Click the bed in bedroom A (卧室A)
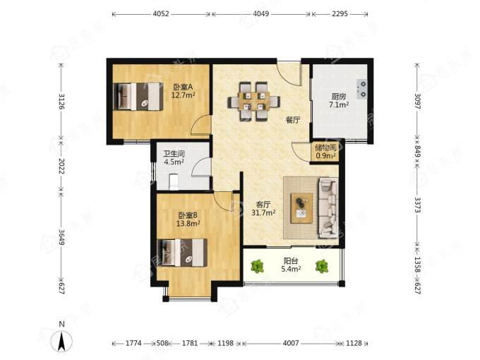coord(138,96)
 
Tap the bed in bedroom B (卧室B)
coord(182,253)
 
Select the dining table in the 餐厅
coord(254,102)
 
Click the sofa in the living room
coord(328,208)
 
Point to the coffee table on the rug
coord(302,208)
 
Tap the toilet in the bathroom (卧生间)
coord(174,181)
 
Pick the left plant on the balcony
coord(257,266)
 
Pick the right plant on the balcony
coord(322,266)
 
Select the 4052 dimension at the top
coord(161,14)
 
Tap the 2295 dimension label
coord(340,14)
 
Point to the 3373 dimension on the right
coord(418,205)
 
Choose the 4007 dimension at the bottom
coord(291,343)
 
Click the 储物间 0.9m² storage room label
coord(325,152)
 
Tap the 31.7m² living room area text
coord(263,212)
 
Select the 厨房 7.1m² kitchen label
coord(339,101)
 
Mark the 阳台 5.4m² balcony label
coord(291,265)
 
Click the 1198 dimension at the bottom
coord(226,343)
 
